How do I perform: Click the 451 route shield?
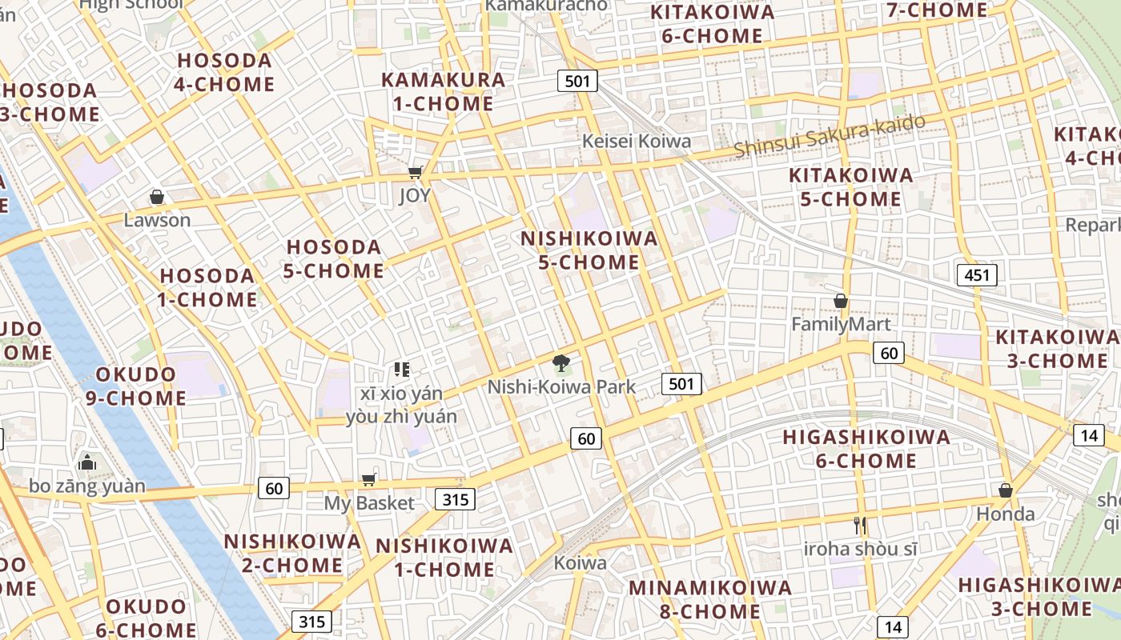pos(977,276)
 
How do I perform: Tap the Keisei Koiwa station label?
pos(637,142)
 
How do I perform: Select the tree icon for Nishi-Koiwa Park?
pos(561,364)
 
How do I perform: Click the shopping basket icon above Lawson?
pos(157,197)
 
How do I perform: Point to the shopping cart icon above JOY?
pos(415,172)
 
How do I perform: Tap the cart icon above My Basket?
pos(368,479)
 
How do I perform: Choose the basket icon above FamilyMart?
pos(841,301)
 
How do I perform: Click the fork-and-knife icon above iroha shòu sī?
pos(861,526)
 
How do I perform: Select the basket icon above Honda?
pos(1005,490)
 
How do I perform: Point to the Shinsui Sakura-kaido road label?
pos(830,136)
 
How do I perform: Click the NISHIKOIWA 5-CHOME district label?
pos(589,250)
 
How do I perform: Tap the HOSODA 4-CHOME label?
pos(224,72)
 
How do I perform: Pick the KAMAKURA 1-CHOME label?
pos(443,91)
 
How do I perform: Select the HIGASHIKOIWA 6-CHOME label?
pos(866,449)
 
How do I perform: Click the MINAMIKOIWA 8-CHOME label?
pos(709,599)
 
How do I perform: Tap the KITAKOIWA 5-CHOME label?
pos(850,186)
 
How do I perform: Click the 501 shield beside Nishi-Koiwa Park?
pos(681,384)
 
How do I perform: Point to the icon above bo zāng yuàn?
pos(86,462)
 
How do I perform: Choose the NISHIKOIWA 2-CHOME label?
pos(292,553)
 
